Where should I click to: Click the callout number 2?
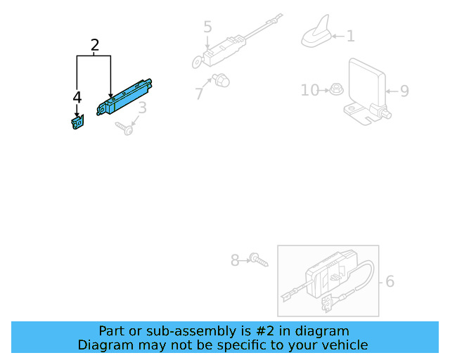pyautogui.click(x=95, y=46)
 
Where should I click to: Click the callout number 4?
pyautogui.click(x=77, y=97)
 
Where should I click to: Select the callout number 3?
pyautogui.click(x=142, y=108)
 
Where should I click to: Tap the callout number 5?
pyautogui.click(x=207, y=27)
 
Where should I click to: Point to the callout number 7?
pyautogui.click(x=199, y=92)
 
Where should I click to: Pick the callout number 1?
pyautogui.click(x=350, y=36)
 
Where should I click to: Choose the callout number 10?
pyautogui.click(x=310, y=90)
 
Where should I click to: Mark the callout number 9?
pyautogui.click(x=404, y=91)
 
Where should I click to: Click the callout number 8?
pyautogui.click(x=235, y=260)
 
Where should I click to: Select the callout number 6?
pyautogui.click(x=390, y=282)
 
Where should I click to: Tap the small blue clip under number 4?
pyautogui.click(x=76, y=122)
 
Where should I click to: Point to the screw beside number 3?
pyautogui.click(x=125, y=128)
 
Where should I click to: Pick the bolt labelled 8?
pyautogui.click(x=259, y=261)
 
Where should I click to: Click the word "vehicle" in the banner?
pyautogui.click(x=342, y=345)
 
